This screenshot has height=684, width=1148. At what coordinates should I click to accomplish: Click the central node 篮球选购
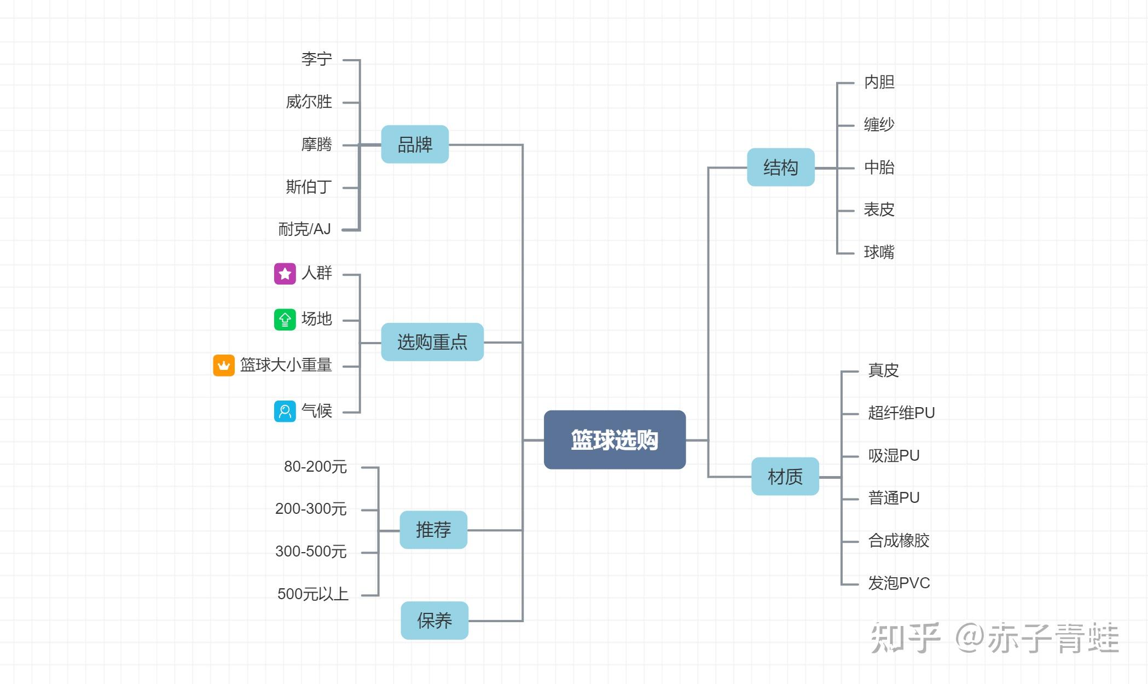click(614, 439)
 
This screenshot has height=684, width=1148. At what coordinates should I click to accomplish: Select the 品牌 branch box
click(415, 144)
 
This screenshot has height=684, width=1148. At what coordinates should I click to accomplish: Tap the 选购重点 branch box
click(432, 342)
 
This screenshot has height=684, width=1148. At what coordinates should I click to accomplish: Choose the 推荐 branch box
click(433, 530)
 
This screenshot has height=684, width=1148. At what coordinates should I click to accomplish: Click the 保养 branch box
click(434, 621)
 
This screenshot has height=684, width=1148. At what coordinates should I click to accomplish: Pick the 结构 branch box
click(781, 167)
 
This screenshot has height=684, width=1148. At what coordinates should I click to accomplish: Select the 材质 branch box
click(785, 477)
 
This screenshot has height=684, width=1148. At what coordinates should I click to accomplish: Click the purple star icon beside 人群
click(285, 274)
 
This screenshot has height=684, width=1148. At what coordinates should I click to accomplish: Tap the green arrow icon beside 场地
click(285, 320)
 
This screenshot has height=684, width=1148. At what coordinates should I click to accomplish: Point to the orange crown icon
click(224, 366)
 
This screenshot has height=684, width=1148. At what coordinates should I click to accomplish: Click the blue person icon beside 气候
click(285, 411)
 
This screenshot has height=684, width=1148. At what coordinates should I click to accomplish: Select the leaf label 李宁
click(317, 59)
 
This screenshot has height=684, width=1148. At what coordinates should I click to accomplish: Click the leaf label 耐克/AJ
click(305, 229)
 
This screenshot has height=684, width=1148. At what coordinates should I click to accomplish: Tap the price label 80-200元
click(315, 467)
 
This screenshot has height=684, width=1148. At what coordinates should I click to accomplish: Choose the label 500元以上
click(313, 594)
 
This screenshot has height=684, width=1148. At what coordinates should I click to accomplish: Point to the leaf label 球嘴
click(879, 252)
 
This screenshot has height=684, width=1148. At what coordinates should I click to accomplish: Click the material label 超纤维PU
click(902, 413)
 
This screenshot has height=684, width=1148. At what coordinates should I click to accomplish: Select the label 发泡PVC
click(899, 583)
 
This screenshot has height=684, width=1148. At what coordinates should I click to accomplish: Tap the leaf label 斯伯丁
click(309, 187)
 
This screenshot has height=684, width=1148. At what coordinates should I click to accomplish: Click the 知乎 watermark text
click(906, 638)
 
